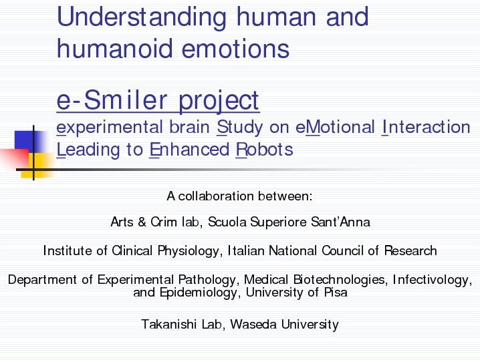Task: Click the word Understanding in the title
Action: click(142, 18)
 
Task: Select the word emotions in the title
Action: click(236, 49)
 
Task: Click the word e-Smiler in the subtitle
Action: click(112, 100)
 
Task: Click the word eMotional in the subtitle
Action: click(335, 127)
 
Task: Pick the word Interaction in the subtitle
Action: click(426, 127)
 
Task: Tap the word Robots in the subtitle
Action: click(265, 150)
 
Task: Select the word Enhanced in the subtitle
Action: click(189, 150)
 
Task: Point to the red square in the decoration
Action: click(15, 159)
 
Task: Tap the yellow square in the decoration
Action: click(39, 165)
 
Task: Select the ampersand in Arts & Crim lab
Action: click(142, 222)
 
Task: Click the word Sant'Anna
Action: click(340, 222)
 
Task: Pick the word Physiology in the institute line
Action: click(189, 251)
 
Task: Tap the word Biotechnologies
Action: click(339, 280)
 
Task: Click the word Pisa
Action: click(336, 292)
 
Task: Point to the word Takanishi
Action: click(168, 324)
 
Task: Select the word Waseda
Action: click(253, 324)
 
